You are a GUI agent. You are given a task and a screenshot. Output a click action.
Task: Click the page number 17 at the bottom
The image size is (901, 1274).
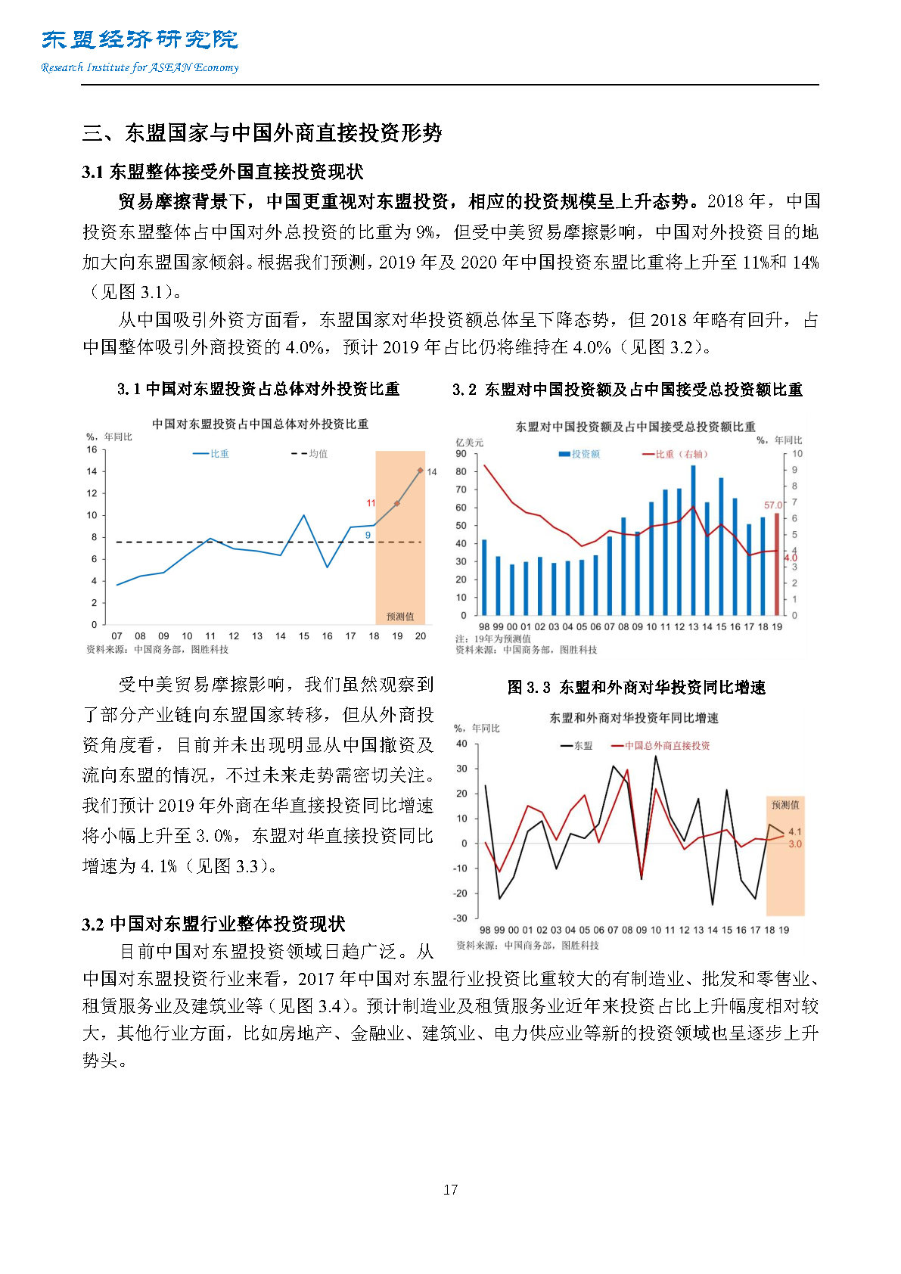pyautogui.click(x=450, y=1189)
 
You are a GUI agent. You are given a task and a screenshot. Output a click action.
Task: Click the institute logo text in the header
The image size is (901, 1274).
pyautogui.click(x=140, y=40)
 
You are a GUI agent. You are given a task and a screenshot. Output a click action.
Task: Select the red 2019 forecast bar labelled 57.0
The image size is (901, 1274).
pyautogui.click(x=776, y=564)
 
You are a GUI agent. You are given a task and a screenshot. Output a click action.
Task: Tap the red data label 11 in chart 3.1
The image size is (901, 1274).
pyautogui.click(x=371, y=503)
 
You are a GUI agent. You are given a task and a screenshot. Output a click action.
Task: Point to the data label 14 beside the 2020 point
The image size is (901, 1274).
pyautogui.click(x=432, y=472)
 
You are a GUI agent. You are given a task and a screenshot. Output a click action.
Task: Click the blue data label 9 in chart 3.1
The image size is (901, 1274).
pyautogui.click(x=368, y=536)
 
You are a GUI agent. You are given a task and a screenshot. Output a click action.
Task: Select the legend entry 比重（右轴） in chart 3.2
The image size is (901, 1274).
pyautogui.click(x=675, y=454)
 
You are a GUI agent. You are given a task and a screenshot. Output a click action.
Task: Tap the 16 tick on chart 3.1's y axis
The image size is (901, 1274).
pyautogui.click(x=92, y=449)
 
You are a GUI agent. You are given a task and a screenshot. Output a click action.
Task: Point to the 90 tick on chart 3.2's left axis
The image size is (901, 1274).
pyautogui.click(x=461, y=454)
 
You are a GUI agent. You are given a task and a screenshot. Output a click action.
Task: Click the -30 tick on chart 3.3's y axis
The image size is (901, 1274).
pyautogui.click(x=460, y=918)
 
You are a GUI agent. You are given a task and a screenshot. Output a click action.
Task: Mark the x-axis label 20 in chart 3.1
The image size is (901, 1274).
pyautogui.click(x=421, y=636)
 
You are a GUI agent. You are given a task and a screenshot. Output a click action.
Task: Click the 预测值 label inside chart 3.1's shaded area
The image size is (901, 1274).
pyautogui.click(x=400, y=617)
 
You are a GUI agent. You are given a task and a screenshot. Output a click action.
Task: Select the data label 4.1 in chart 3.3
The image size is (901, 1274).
pyautogui.click(x=795, y=831)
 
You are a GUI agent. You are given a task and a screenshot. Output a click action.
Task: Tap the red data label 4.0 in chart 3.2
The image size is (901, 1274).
pyautogui.click(x=791, y=558)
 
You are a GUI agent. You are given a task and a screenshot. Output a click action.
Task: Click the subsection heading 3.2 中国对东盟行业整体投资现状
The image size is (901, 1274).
pyautogui.click(x=214, y=924)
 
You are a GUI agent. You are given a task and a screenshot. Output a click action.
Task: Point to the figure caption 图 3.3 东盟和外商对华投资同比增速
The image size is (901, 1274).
pyautogui.click(x=636, y=688)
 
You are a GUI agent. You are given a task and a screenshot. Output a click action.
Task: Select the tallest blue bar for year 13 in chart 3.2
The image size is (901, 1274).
pyautogui.click(x=693, y=540)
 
